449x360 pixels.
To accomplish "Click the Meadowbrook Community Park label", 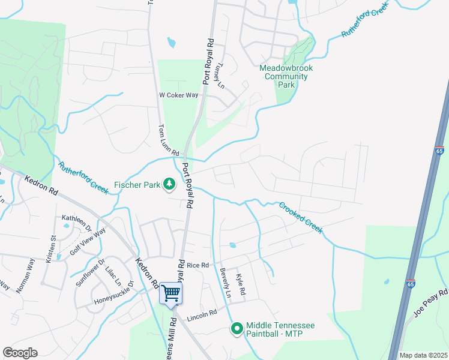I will (286, 76).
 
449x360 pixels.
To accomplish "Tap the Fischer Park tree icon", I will (169, 184).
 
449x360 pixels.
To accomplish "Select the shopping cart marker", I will (171, 293).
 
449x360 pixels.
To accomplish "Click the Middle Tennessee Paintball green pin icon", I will (237, 328).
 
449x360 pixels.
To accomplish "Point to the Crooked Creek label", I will (300, 217).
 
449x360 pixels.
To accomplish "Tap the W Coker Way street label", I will (178, 95).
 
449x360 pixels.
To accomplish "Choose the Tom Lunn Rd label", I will (165, 139).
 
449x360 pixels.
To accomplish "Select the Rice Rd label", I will (197, 265).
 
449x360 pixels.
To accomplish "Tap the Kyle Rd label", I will (241, 283).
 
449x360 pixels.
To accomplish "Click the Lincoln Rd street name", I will (201, 317).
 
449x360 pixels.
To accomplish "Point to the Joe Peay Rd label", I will (431, 303).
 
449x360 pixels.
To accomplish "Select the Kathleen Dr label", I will (77, 222).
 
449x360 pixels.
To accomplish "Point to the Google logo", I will (20, 353).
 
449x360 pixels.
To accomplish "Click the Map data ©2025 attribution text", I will (423, 355).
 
